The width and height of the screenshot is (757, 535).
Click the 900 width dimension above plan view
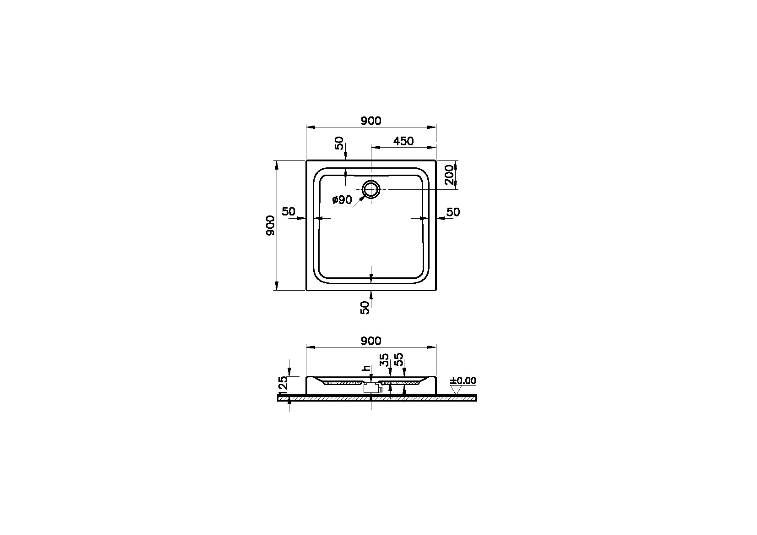[370, 121]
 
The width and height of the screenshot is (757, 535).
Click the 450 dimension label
[403, 141]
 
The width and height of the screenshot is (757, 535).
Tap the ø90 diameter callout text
[342, 199]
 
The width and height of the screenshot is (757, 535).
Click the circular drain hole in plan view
[371, 189]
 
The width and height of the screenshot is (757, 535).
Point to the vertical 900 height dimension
[270, 225]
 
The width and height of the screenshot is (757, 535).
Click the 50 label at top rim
[339, 143]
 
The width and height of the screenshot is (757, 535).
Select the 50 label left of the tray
[288, 212]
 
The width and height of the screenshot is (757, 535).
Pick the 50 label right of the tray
[453, 212]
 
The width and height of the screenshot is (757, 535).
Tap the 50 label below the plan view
[365, 307]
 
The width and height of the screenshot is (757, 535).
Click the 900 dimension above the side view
[370, 341]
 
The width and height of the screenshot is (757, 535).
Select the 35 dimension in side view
[385, 359]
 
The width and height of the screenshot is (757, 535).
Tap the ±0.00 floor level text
[463, 381]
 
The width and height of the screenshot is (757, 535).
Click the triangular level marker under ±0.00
[456, 390]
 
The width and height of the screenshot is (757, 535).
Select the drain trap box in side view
[371, 388]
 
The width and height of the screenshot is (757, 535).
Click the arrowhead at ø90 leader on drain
[363, 198]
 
